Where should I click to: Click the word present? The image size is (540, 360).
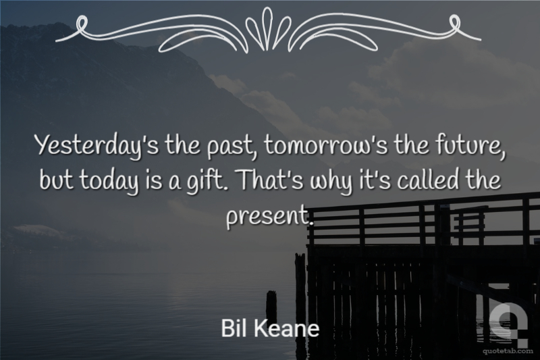point(269,214)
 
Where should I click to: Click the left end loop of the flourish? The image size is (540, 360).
point(81,25)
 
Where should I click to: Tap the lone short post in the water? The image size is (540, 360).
point(271,307)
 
